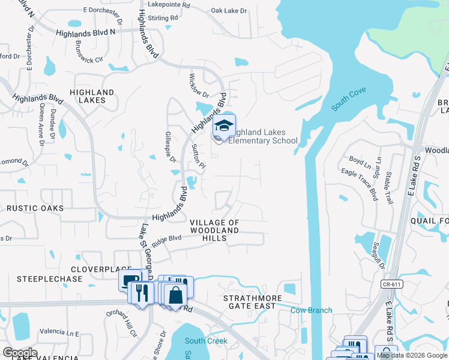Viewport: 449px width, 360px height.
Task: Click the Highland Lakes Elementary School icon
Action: click(x=224, y=126)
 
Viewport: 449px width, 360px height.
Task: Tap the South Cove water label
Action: click(x=349, y=103)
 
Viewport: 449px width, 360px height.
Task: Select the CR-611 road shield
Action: click(x=390, y=283)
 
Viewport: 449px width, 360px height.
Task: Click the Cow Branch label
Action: click(x=311, y=310)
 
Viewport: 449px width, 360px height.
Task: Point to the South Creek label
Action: click(x=206, y=341)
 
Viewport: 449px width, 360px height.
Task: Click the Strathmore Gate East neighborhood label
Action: click(x=249, y=302)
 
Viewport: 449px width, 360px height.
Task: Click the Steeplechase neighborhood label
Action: click(x=44, y=279)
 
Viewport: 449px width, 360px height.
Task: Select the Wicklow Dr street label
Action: click(x=198, y=86)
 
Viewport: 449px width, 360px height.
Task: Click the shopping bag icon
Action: click(x=176, y=295)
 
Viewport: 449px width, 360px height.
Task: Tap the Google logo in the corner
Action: click(x=19, y=353)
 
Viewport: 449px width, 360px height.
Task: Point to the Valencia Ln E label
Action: click(x=59, y=332)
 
